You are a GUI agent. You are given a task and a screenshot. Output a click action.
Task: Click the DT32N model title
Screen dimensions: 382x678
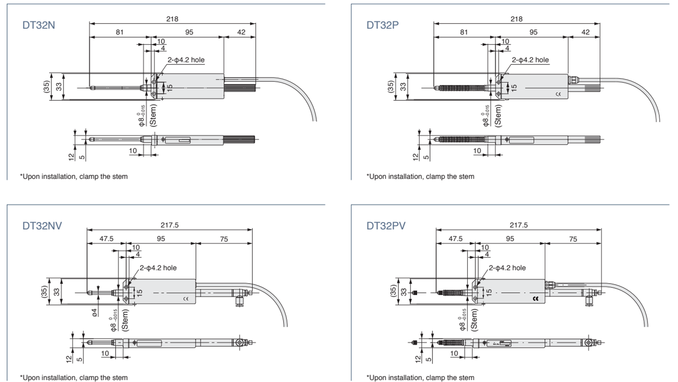[39, 25]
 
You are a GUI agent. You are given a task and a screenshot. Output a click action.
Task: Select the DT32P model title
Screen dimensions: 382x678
[383, 25]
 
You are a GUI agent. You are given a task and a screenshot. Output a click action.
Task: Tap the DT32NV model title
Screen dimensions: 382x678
[42, 226]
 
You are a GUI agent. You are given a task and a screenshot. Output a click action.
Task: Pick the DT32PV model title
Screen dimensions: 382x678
[386, 226]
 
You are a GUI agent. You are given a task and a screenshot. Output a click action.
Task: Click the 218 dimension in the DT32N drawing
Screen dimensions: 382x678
[172, 19]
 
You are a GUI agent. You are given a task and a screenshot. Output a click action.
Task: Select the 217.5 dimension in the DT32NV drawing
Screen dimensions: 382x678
[170, 224]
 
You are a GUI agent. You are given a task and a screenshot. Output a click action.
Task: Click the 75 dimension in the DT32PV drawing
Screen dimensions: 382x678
[573, 239]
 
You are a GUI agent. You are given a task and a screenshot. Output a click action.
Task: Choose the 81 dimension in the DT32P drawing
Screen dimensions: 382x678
[463, 32]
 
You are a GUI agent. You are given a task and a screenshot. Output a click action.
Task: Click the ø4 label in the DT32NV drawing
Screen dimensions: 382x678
[95, 312]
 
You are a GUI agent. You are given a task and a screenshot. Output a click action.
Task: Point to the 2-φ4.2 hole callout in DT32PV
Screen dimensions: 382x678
[506, 268]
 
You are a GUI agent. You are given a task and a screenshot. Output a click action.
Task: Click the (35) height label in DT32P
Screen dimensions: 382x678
[391, 86]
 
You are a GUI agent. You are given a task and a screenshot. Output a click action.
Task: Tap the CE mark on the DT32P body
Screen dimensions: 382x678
[558, 94]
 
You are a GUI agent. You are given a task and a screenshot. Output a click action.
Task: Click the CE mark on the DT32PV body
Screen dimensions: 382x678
[536, 299]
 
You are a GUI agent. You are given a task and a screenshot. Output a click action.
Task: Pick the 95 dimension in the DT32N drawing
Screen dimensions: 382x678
[189, 32]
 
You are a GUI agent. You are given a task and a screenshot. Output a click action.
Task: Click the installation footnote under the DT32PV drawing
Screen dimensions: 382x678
[420, 377]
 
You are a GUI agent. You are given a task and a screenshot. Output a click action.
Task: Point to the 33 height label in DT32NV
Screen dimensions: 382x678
[57, 292]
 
